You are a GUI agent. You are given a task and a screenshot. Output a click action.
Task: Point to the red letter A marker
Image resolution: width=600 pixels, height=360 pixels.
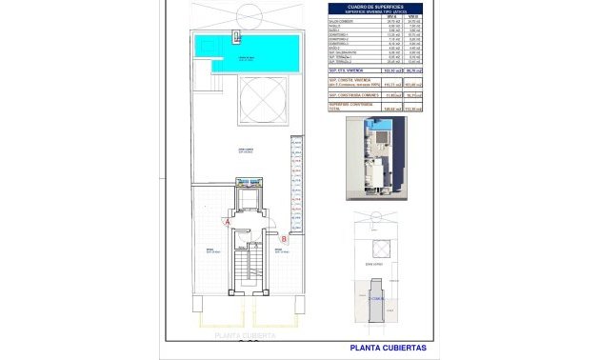(228, 221)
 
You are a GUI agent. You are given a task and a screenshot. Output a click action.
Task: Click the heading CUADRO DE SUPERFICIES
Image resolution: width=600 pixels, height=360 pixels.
(370, 6)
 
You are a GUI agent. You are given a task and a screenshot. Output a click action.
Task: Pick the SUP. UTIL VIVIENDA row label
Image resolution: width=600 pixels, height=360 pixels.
(345, 70)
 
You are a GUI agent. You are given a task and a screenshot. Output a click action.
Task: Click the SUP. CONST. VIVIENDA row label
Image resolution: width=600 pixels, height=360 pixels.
(348, 79)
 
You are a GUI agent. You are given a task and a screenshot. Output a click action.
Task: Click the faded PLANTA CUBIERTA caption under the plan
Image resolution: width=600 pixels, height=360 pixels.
(245, 336)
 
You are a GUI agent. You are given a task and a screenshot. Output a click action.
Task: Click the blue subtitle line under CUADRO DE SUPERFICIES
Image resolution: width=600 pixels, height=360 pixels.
(370, 10)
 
